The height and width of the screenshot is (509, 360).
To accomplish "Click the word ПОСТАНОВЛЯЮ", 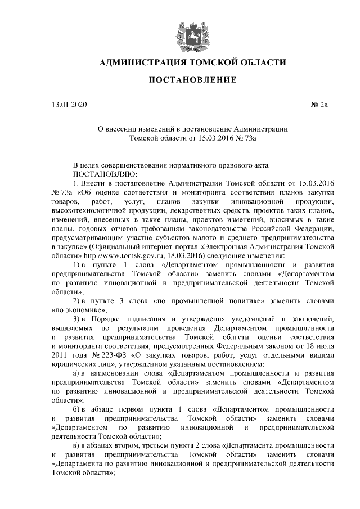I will [105, 174].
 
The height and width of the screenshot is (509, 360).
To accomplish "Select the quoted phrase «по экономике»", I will [79, 310].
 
